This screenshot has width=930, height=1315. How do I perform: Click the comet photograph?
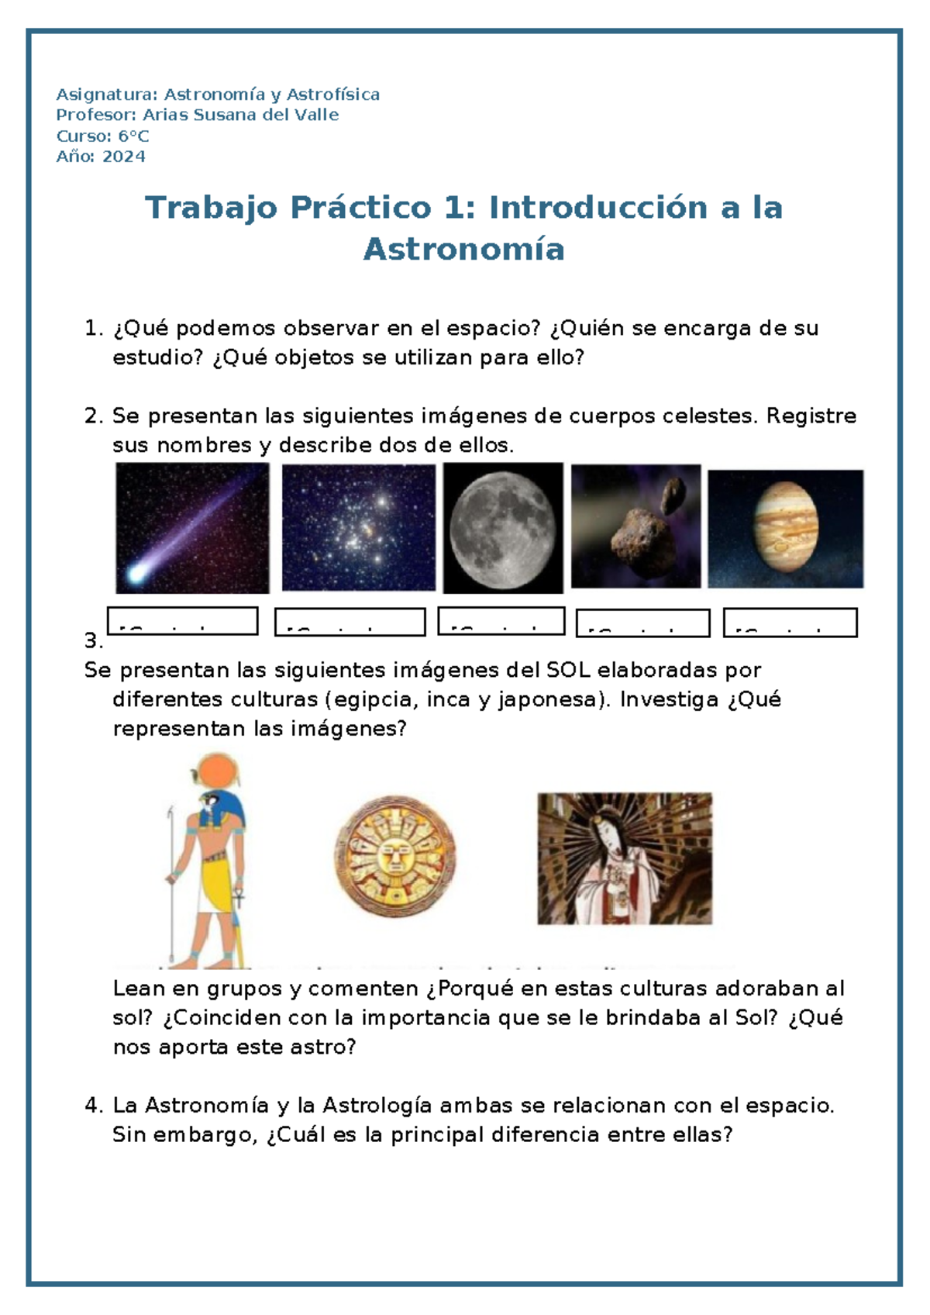point(192,528)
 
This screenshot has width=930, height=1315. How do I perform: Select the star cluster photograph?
point(358,528)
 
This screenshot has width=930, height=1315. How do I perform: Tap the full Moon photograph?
point(503,528)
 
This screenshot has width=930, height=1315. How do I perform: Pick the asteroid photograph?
point(635,526)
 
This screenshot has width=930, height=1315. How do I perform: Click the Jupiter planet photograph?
point(785,529)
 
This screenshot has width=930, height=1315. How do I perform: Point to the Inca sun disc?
point(395,857)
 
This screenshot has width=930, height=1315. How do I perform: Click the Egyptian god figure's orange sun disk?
point(212,773)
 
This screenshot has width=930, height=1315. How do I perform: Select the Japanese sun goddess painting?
point(625,858)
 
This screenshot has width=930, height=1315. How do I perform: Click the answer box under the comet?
point(183,621)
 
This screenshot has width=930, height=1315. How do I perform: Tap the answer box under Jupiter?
point(790,623)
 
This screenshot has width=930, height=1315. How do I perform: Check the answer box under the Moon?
point(501,621)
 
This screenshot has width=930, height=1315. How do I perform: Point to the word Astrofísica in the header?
point(333,95)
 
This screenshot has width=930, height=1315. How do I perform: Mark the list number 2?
point(91,416)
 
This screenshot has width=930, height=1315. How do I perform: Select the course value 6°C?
point(133,136)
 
